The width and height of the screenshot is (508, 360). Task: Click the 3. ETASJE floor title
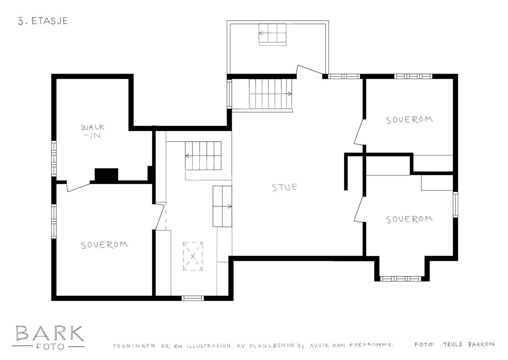pyautogui.click(x=43, y=21)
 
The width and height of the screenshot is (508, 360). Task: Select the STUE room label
pyautogui.click(x=285, y=187)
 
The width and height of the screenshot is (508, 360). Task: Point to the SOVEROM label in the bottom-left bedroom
pyautogui.click(x=104, y=245)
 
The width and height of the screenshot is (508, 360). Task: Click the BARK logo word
pyautogui.click(x=49, y=333)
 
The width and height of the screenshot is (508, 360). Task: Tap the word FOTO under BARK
pyautogui.click(x=50, y=347)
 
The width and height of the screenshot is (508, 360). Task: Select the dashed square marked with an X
pyautogui.click(x=193, y=256)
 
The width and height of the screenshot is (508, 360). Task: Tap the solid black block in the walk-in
pyautogui.click(x=106, y=175)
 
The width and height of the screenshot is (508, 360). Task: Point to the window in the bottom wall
pyautogui.click(x=192, y=298)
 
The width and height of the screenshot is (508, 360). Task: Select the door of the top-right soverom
pyautogui.click(x=359, y=132)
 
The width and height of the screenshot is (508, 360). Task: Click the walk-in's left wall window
pyautogui.click(x=54, y=158)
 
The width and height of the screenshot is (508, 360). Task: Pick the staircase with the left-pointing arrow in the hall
pyautogui.click(x=203, y=156)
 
